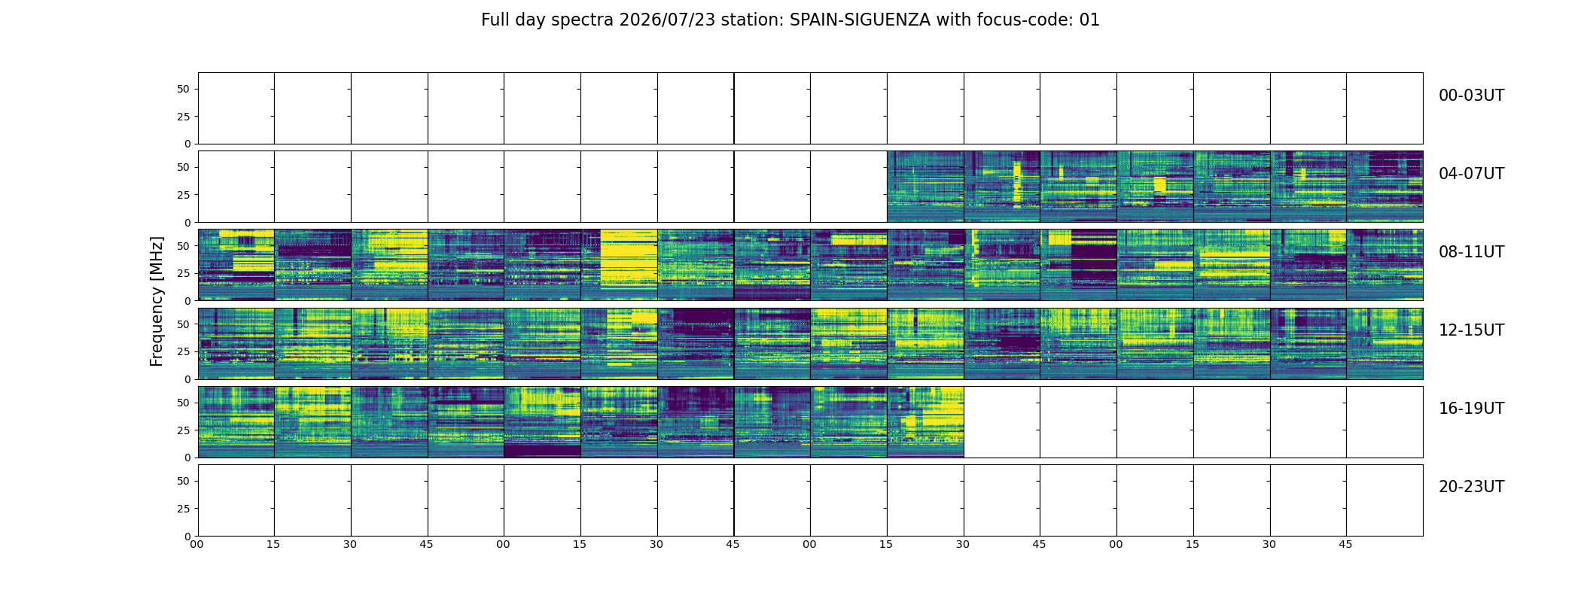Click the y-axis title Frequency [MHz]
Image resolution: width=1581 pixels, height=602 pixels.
(x=157, y=301)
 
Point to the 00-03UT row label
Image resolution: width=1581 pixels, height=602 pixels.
(x=1471, y=96)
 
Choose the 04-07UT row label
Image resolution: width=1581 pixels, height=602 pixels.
(x=1471, y=174)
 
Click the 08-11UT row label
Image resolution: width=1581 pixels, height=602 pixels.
(x=1471, y=252)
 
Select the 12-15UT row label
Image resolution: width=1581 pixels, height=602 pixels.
(x=1471, y=330)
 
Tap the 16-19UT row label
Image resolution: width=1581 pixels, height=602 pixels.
(x=1471, y=409)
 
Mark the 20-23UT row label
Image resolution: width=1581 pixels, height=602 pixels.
(x=1471, y=487)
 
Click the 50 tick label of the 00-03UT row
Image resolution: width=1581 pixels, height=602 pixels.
(x=184, y=89)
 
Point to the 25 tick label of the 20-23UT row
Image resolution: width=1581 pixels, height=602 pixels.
(x=184, y=509)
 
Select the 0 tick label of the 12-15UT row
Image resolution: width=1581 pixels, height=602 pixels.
(x=187, y=379)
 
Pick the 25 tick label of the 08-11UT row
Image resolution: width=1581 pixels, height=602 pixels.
(x=184, y=273)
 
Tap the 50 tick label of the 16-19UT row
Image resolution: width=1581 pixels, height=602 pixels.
(x=184, y=403)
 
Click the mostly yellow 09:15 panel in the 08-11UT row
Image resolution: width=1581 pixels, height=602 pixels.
(x=619, y=265)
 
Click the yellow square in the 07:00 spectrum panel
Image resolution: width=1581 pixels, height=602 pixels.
(x=1159, y=184)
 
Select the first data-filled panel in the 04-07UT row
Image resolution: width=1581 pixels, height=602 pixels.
(x=925, y=187)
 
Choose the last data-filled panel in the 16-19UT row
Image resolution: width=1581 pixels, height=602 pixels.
(x=925, y=422)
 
